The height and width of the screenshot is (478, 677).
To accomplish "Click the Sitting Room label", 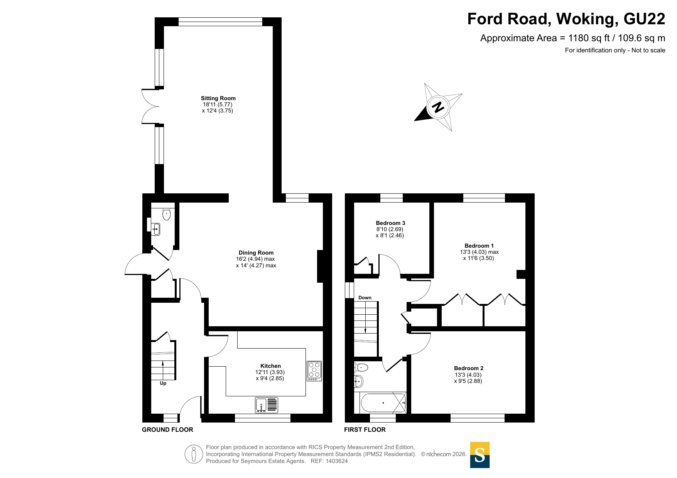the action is point(218,98).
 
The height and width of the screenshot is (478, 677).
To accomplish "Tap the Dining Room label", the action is point(256,253).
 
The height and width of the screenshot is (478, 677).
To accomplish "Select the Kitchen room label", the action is point(270,366).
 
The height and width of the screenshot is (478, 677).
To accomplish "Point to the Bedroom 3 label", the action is point(390,223).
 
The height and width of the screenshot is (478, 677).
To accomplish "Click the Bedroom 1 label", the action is point(479,246).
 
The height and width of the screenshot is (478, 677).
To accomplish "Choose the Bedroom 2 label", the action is point(469,368).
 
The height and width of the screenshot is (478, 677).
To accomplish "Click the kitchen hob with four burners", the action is point(314,371).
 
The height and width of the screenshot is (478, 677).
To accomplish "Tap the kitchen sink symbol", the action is point(267,405).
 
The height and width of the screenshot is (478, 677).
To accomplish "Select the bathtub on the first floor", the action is point(383,403).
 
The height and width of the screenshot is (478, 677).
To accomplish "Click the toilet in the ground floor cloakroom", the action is point(167,214).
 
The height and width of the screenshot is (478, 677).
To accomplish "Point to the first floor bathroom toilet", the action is point(361,367).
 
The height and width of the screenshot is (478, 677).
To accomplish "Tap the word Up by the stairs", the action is point(163,383).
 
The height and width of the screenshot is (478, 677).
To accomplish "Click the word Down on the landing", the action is point(365,298).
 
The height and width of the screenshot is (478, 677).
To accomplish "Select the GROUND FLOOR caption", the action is point(167,429).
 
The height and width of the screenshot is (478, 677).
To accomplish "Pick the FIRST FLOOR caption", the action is point(365,429).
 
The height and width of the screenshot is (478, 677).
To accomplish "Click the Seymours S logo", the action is point(480,455).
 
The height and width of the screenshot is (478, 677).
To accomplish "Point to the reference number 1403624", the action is point(337,461).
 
